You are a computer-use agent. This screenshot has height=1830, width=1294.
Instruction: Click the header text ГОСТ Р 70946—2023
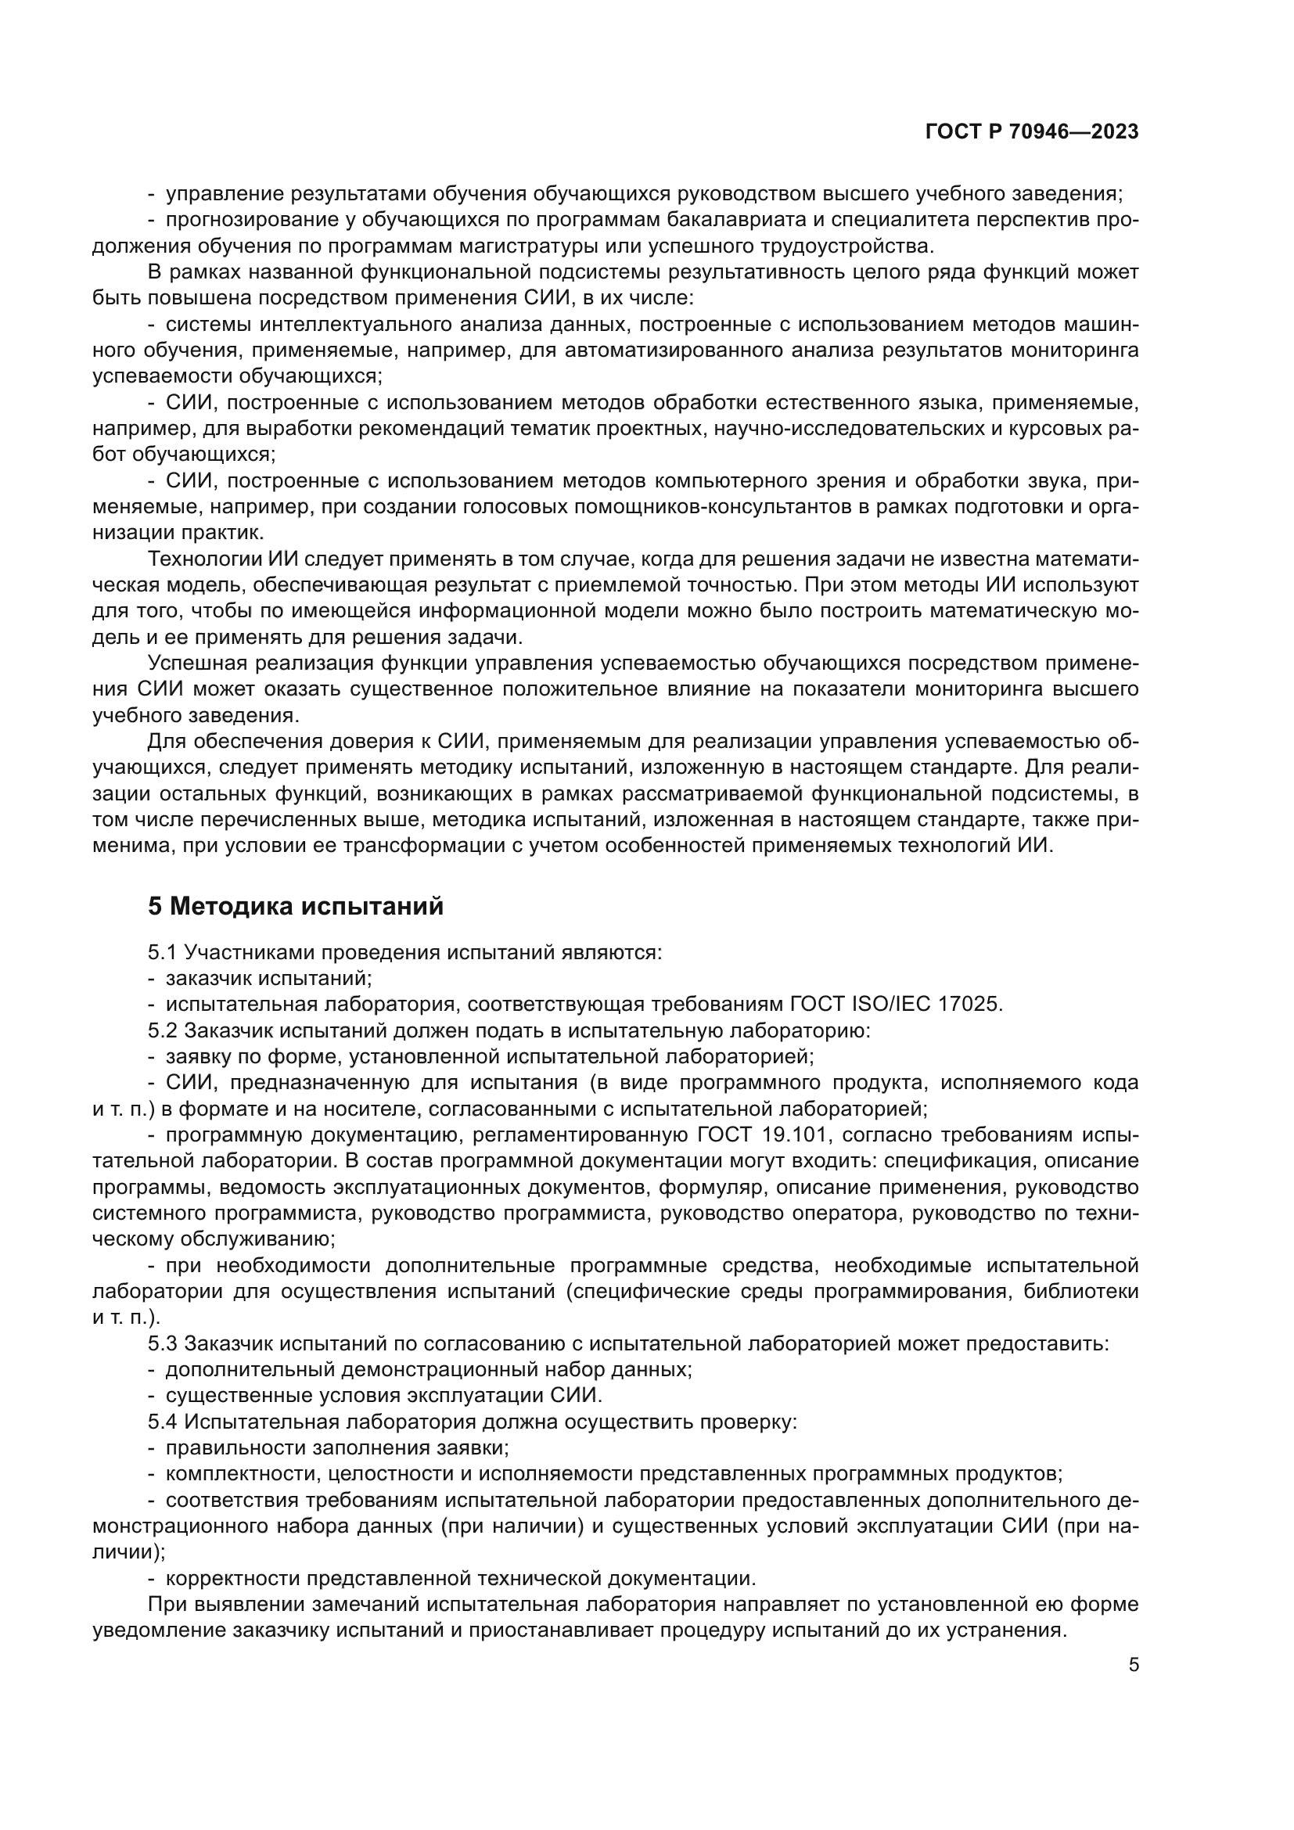click(1032, 132)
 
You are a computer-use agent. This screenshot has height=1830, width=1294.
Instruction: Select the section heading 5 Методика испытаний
click(296, 906)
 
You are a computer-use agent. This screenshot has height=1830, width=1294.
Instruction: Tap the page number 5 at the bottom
click(1134, 1664)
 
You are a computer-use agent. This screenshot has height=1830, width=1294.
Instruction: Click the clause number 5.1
click(163, 952)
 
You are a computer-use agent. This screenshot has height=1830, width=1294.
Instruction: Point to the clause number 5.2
click(163, 1030)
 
